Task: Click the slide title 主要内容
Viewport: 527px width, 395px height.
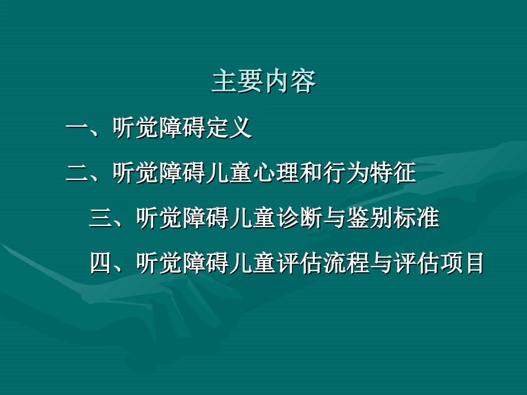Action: [x=263, y=82]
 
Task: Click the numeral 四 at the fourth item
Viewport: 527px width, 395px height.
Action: [x=101, y=264]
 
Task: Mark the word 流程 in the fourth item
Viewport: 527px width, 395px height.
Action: [x=346, y=264]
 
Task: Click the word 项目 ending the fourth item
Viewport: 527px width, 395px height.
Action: [x=462, y=264]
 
